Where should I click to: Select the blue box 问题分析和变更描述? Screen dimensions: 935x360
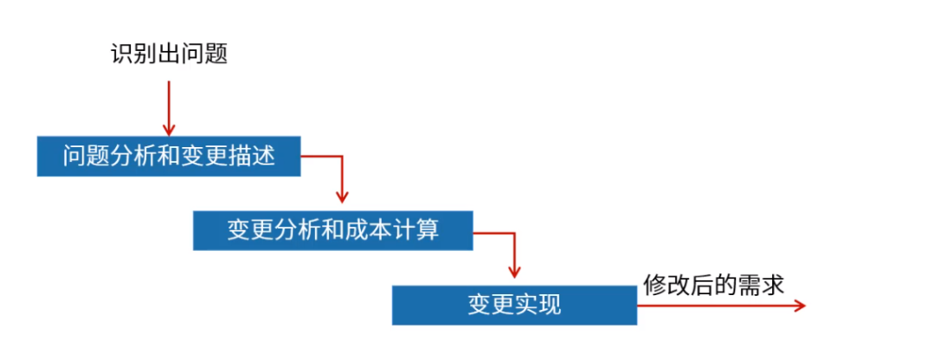pos(169,157)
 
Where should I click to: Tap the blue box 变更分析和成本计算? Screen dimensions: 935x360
pos(333,230)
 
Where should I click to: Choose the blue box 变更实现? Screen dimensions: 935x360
pos(514,305)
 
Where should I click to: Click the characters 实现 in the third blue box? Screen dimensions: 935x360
pos(538,305)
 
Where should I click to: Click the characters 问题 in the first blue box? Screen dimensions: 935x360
pos(86,157)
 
